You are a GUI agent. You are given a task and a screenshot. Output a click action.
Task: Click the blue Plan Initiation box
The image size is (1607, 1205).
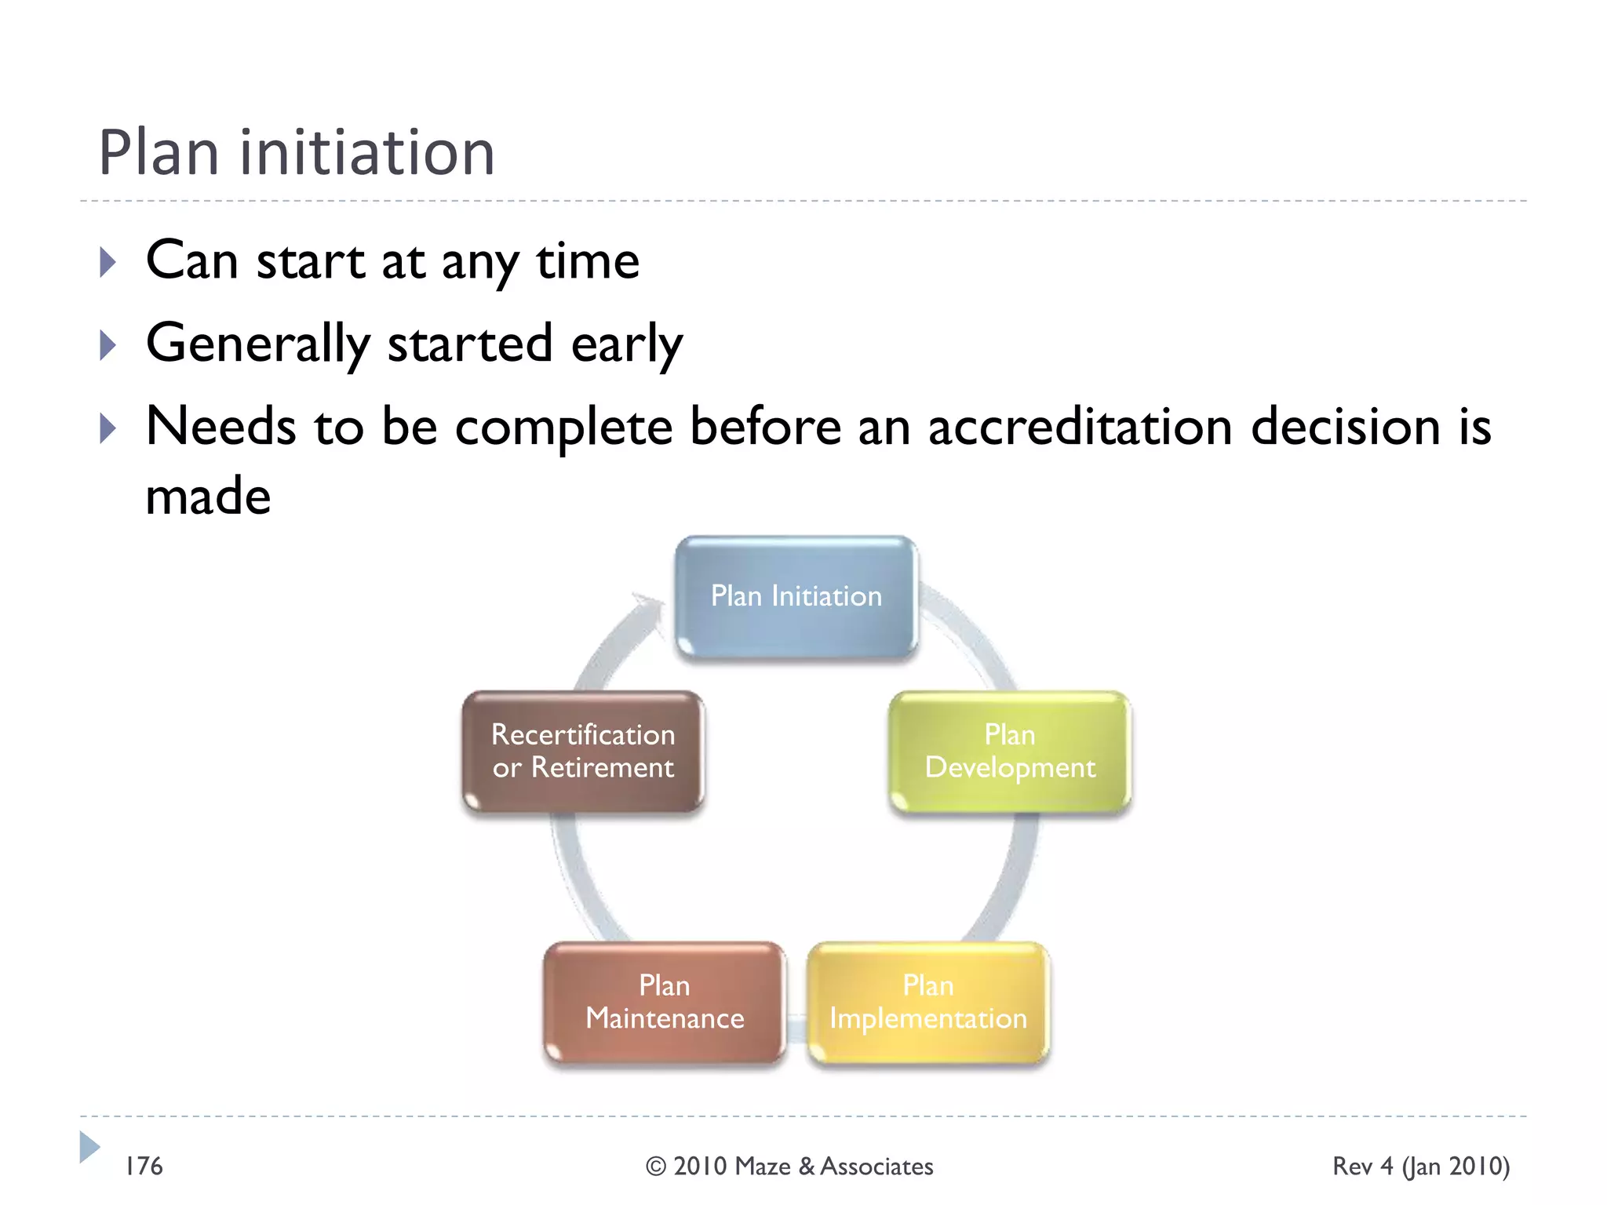click(796, 597)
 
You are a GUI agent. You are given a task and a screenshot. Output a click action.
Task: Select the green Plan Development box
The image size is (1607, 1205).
click(1010, 752)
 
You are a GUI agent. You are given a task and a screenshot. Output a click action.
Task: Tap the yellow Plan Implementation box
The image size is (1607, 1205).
click(928, 1003)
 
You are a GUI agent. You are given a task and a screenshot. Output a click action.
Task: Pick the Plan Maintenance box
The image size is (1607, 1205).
click(664, 1003)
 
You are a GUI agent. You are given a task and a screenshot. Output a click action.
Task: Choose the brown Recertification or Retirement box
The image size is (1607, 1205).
click(583, 752)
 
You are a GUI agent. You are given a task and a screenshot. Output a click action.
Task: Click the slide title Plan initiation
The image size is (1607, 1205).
click(297, 152)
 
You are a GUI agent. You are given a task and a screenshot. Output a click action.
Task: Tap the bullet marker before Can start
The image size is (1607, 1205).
click(108, 262)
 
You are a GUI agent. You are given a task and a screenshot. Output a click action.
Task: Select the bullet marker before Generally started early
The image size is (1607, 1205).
click(108, 345)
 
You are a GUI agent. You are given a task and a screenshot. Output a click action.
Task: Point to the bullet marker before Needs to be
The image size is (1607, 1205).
click(108, 428)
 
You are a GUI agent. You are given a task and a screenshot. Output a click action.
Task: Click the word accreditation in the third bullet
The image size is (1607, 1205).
click(1080, 428)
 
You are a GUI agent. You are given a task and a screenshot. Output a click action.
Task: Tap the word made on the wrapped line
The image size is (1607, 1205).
click(208, 497)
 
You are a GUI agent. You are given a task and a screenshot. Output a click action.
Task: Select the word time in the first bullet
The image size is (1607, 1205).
click(588, 261)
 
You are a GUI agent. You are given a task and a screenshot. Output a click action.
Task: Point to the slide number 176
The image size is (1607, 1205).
click(144, 1167)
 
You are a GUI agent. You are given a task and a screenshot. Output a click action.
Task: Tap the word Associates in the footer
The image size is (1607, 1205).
click(876, 1167)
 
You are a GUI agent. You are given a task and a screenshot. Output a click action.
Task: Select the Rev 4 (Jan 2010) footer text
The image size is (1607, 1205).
click(1421, 1167)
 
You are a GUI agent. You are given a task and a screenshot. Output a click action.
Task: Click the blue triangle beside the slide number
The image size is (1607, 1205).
click(89, 1148)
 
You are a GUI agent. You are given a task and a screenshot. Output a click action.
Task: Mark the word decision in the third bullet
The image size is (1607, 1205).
click(1346, 428)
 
